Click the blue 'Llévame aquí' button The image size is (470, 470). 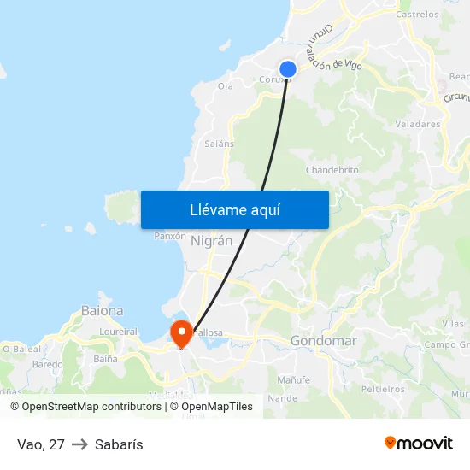234,209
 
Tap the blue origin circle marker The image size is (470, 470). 288,70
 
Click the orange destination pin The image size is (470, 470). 181,332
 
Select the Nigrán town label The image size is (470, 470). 212,241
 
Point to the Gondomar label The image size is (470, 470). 323,341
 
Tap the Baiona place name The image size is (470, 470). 102,311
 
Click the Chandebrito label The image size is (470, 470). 332,170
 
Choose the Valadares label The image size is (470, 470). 418,124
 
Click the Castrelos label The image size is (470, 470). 418,15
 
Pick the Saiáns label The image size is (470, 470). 219,144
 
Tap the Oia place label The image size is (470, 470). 226,86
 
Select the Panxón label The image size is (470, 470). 169,236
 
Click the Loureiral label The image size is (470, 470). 118,332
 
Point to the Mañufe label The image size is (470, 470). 293,379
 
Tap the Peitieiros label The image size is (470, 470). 382,389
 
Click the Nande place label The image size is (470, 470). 283,398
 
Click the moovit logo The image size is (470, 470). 418,443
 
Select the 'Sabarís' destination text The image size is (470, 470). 119,444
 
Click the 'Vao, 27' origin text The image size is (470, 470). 41,444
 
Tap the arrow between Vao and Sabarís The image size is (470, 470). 79,444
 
